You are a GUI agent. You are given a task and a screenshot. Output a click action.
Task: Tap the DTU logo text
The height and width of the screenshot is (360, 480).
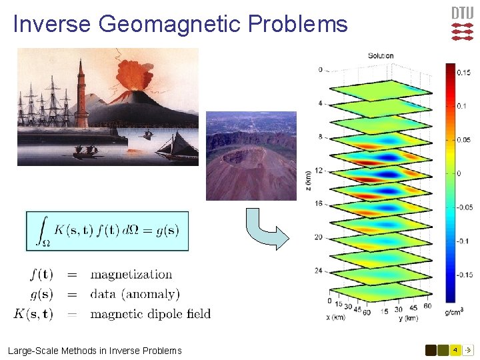pos(463,13)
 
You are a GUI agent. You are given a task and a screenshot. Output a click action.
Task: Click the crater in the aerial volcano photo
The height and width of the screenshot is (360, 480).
pos(237,157)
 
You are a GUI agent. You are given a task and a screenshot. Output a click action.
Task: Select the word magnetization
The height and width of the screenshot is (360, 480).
pos(131,275)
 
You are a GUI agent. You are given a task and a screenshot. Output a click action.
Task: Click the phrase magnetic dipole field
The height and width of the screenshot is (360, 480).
pos(150,313)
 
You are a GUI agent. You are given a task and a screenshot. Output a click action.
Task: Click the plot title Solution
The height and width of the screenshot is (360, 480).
pos(381,56)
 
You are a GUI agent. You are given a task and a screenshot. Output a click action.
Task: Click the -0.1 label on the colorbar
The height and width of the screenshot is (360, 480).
pos(463,241)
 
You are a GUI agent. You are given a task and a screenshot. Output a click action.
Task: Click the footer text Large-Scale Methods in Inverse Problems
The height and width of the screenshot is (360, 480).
pos(95,351)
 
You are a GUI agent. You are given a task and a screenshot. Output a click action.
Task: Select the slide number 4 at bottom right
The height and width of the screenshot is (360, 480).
pos(455,350)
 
